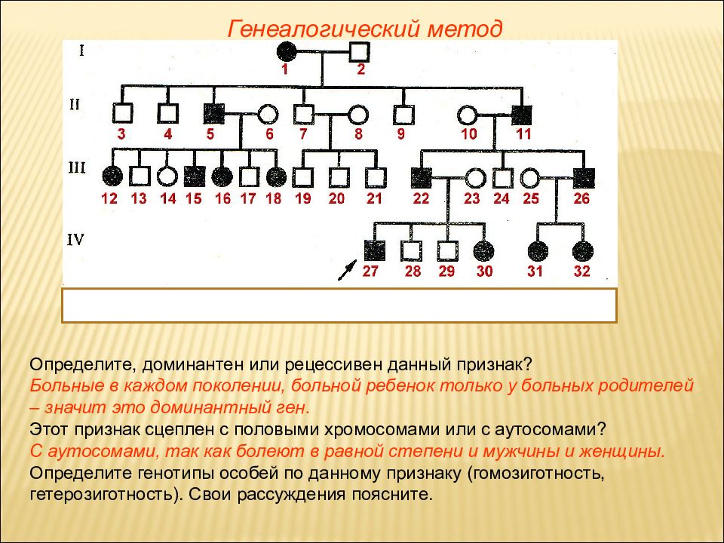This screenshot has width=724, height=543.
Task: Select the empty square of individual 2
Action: tap(359, 51)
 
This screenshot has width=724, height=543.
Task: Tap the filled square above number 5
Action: tap(213, 113)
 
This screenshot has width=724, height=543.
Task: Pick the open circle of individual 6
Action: tap(268, 114)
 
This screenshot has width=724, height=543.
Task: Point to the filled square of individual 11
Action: tap(522, 115)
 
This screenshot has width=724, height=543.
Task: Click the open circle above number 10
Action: tap(468, 115)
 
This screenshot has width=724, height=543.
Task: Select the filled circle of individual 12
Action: tap(112, 176)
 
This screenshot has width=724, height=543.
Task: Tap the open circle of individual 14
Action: tap(167, 176)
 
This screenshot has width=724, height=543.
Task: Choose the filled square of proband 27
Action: tap(375, 250)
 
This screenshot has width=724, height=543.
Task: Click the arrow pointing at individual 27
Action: tap(348, 270)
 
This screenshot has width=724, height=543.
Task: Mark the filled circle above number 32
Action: tap(583, 251)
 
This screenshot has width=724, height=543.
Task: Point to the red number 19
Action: tap(303, 198)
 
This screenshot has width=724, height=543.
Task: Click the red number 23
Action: tap(471, 198)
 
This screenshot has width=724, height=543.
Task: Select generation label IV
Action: tap(75, 240)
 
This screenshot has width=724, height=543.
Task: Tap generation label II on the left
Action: tap(75, 104)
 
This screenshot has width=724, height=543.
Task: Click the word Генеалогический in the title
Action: tap(324, 29)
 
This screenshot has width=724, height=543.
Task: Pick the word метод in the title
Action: tap(465, 29)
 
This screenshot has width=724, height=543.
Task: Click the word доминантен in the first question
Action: tap(192, 364)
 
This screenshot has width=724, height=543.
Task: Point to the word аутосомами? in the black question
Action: tap(550, 429)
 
